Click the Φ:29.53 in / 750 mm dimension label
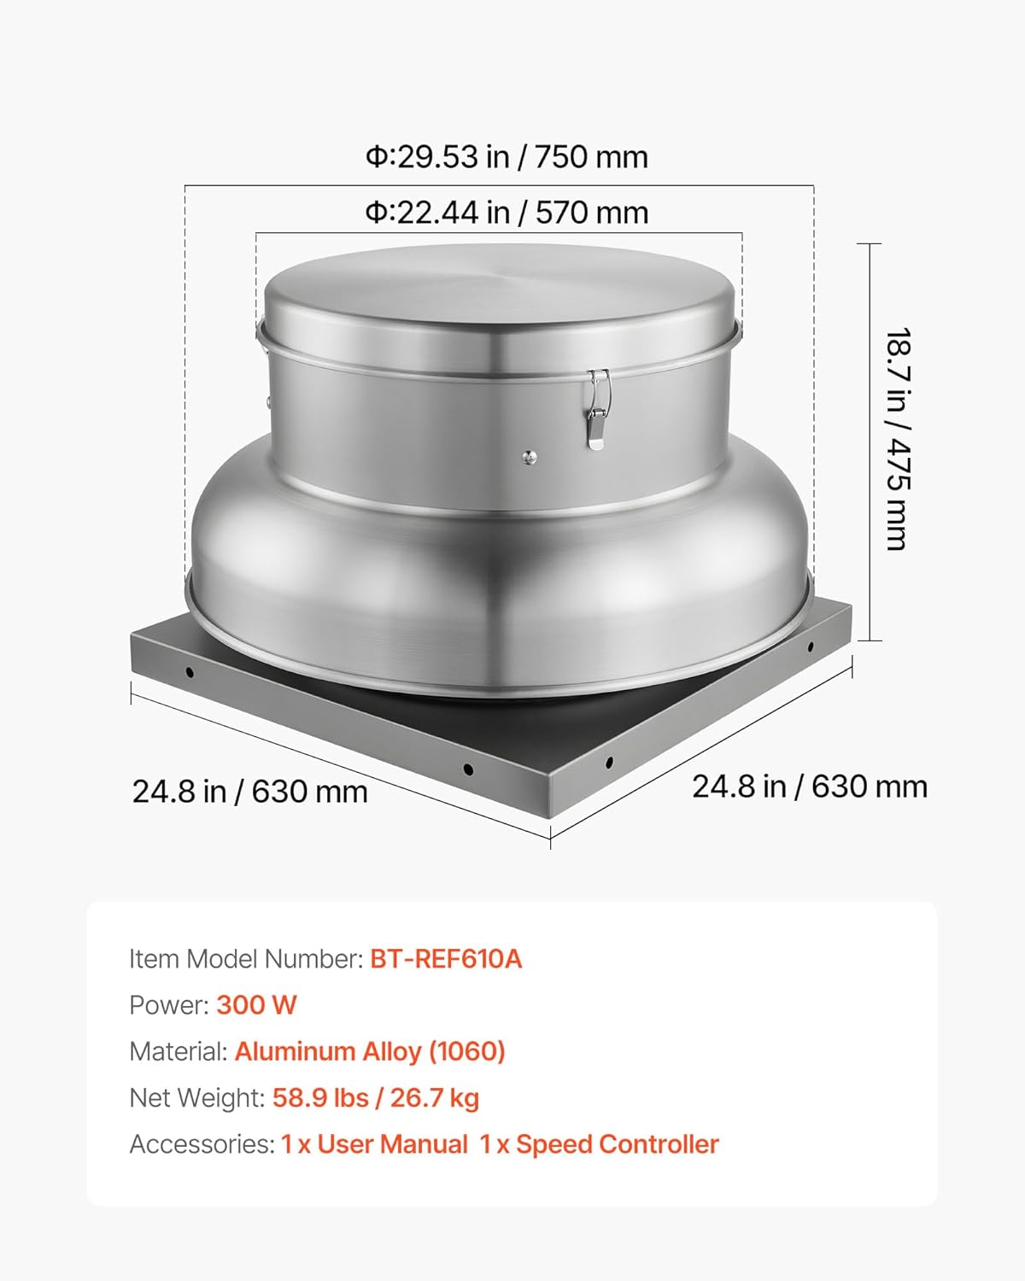tap(507, 157)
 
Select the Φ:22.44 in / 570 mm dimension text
tap(507, 213)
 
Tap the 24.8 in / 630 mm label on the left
tap(249, 792)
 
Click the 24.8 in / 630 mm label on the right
tap(809, 787)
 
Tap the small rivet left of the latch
tap(530, 458)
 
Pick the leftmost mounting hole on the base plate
tap(190, 673)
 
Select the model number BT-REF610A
tap(445, 959)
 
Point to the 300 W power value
tap(256, 1005)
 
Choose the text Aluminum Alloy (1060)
tap(370, 1051)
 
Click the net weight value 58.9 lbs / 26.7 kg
tap(375, 1097)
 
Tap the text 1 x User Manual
tap(374, 1144)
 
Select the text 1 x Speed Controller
tap(599, 1144)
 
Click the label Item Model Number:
tap(246, 959)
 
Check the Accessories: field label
tap(202, 1144)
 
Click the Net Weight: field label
tap(197, 1097)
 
